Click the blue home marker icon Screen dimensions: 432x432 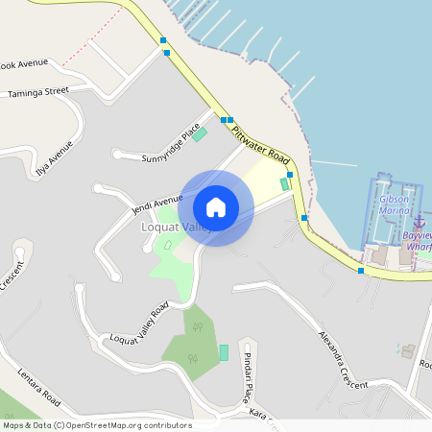[x=216, y=206]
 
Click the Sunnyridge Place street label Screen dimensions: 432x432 [x=171, y=145]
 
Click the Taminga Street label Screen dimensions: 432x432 [x=38, y=92]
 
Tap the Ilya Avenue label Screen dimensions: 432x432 [x=54, y=158]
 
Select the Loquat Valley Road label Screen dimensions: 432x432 [x=139, y=323]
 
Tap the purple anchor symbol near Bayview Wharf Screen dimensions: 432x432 [x=419, y=222]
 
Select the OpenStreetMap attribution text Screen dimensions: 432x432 [x=96, y=425]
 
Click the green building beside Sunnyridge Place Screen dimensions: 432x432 [x=199, y=134]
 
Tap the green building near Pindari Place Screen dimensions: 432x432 [x=224, y=352]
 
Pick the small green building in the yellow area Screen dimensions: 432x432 [x=283, y=183]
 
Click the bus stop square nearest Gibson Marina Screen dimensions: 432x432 [x=361, y=271]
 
